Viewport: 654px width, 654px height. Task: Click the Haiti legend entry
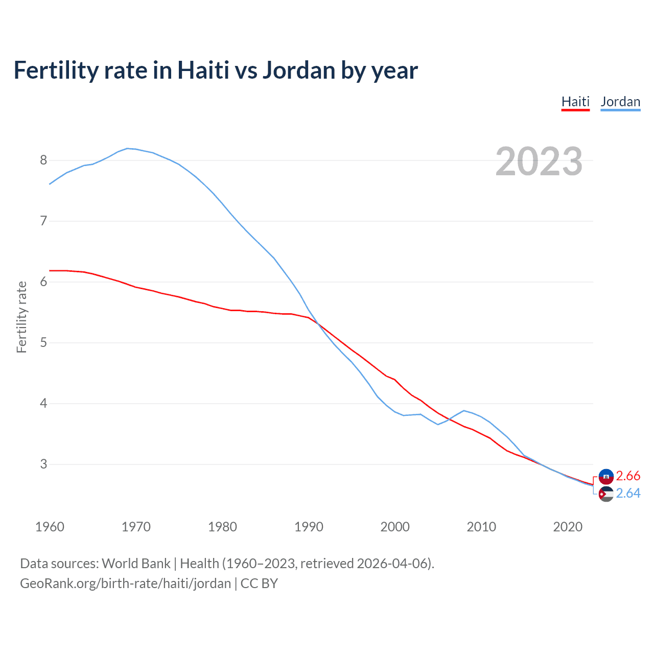(575, 102)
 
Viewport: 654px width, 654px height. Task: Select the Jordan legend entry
(620, 102)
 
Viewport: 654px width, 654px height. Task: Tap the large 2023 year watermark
(539, 161)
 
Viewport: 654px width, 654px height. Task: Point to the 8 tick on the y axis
(43, 160)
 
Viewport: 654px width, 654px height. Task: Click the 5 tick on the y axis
(43, 343)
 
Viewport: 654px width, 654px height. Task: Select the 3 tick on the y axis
(43, 464)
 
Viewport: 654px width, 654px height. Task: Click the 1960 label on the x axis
(50, 527)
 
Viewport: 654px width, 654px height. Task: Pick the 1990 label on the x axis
(309, 527)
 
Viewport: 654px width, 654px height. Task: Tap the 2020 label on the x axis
(568, 527)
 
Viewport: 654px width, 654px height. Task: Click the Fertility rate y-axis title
(21, 317)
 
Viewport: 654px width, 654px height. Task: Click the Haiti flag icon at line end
(606, 476)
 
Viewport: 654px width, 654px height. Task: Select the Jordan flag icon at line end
(606, 494)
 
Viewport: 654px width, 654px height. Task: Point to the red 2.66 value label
(628, 476)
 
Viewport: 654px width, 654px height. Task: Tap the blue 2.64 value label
(628, 494)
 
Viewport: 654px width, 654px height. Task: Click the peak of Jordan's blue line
(128, 149)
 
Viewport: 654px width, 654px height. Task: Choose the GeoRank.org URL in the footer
(125, 583)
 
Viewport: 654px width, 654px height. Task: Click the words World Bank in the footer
(136, 564)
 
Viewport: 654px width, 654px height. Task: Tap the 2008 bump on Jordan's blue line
(464, 411)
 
